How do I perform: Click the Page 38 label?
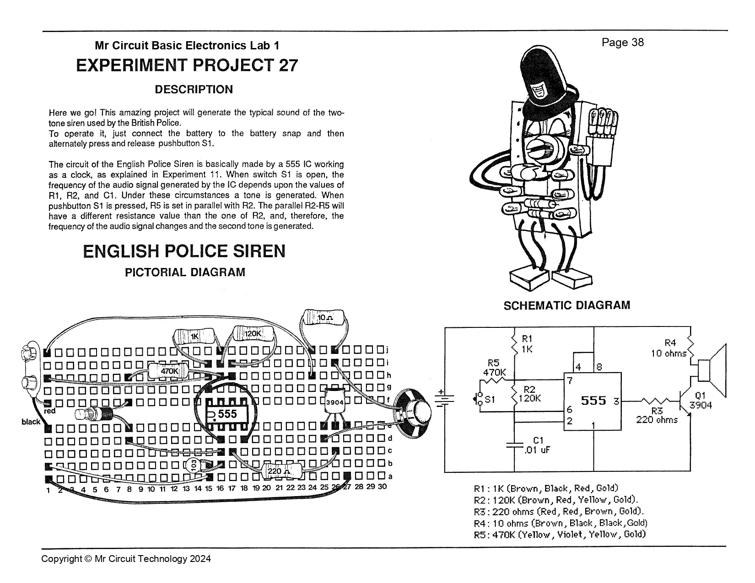(x=622, y=43)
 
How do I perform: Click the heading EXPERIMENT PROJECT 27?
(x=187, y=65)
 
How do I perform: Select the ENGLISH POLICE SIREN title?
(x=184, y=251)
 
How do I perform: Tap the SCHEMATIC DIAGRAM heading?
(x=566, y=305)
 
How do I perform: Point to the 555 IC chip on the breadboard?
(x=227, y=414)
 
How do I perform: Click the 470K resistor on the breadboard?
(x=168, y=371)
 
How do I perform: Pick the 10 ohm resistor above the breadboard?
(x=324, y=317)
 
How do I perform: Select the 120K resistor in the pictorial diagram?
(x=253, y=334)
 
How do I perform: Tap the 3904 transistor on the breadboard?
(x=334, y=401)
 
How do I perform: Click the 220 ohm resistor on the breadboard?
(x=278, y=471)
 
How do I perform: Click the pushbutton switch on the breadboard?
(x=94, y=414)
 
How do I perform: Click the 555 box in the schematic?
(x=593, y=401)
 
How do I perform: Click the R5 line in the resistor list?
(x=559, y=534)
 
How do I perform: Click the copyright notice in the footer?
(x=126, y=559)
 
